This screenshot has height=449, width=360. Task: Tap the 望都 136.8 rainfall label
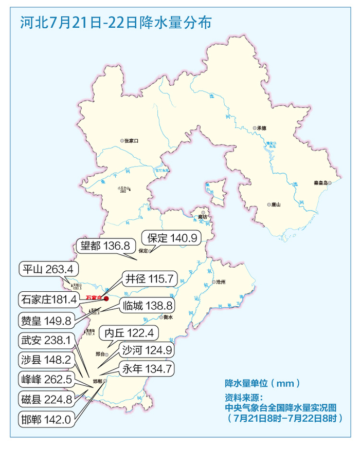(x=102, y=246)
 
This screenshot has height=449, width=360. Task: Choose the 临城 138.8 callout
(x=148, y=306)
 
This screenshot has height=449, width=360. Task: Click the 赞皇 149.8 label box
(x=45, y=320)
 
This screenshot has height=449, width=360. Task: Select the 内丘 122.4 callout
(x=127, y=333)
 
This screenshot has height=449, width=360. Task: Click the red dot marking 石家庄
(x=106, y=298)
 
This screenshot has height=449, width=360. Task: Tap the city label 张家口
(x=131, y=140)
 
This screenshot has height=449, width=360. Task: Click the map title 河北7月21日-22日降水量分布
(x=115, y=23)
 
